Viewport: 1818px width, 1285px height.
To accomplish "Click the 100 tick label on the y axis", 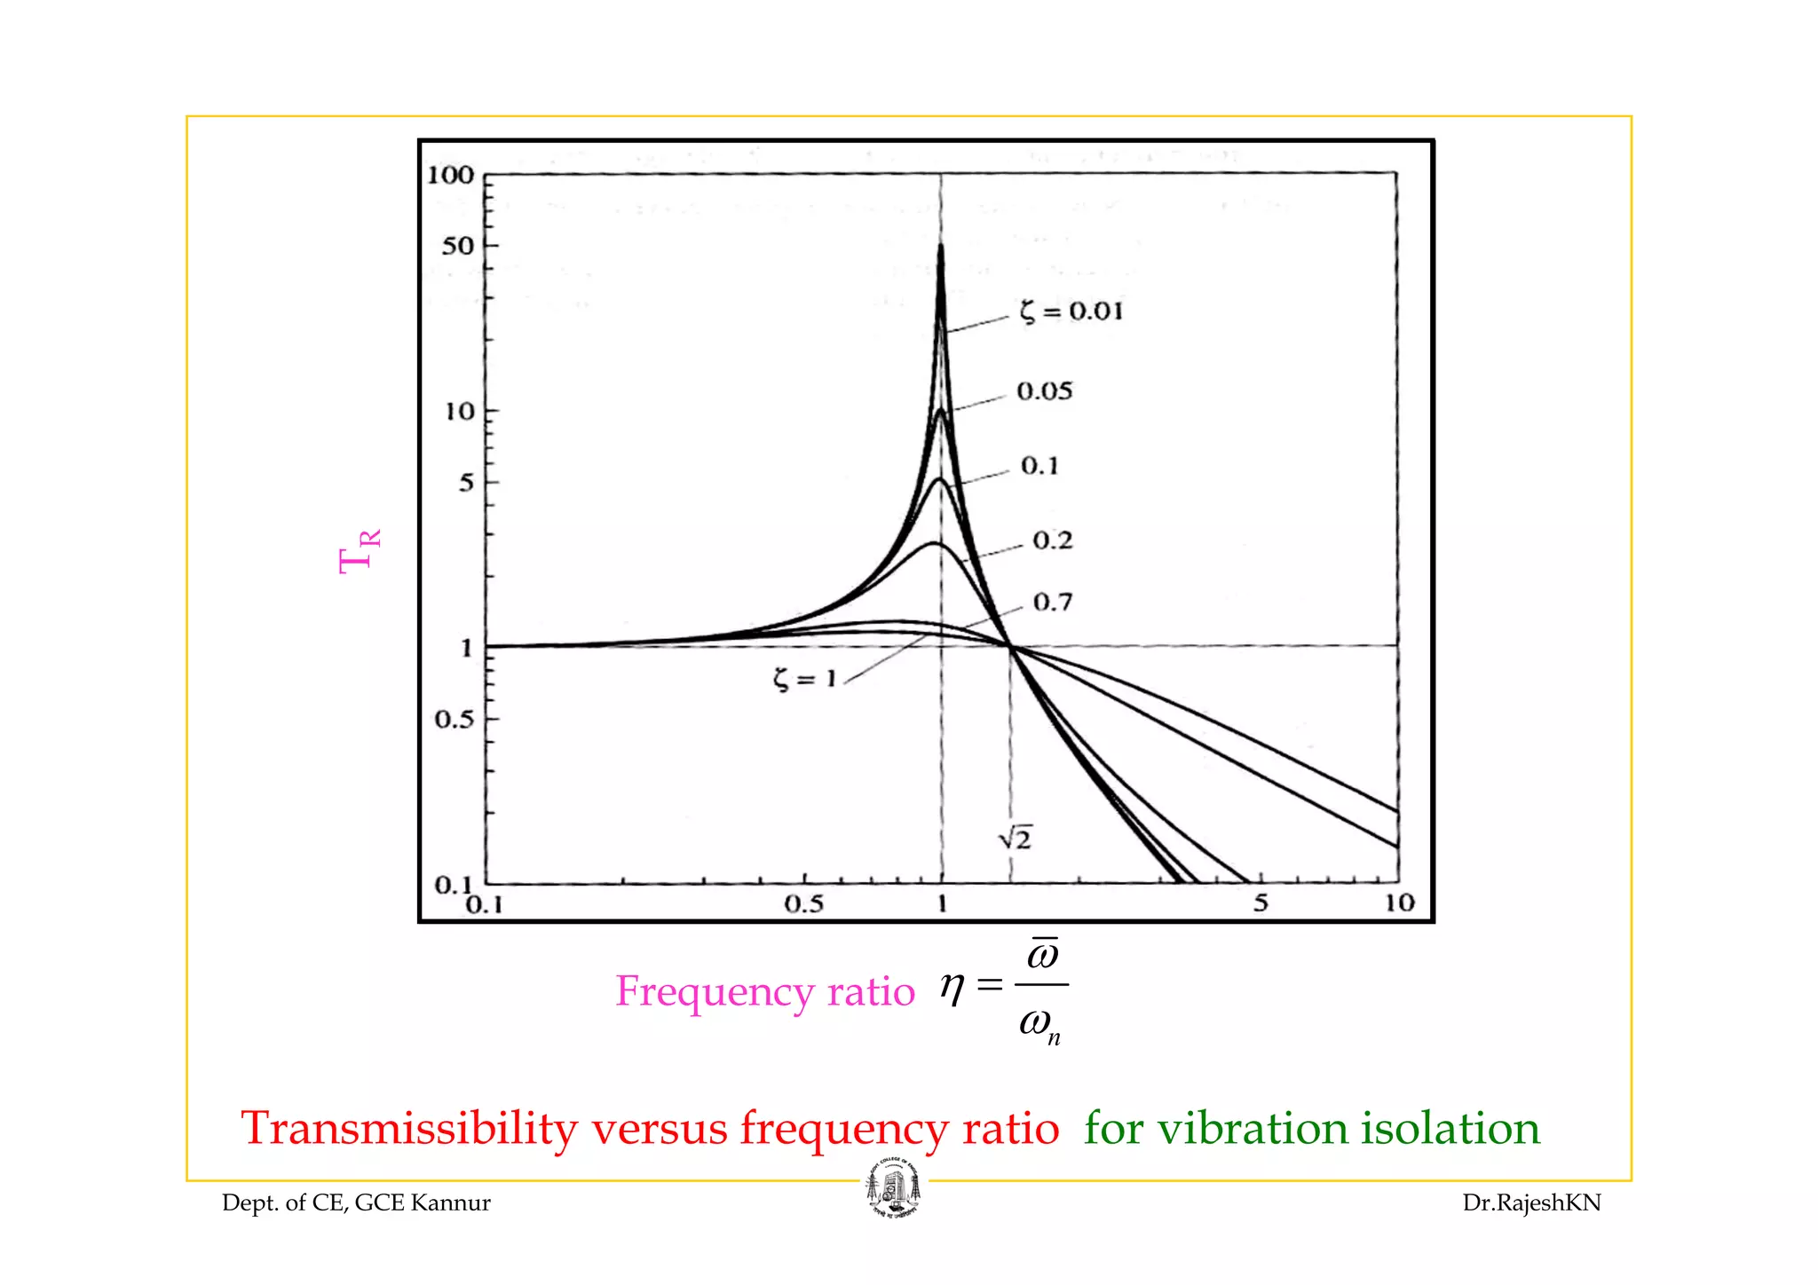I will tap(451, 175).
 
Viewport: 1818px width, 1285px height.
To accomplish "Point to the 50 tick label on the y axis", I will tap(458, 246).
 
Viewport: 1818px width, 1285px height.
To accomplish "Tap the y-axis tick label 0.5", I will tap(454, 719).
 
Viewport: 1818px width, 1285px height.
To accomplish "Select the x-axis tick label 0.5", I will tap(803, 904).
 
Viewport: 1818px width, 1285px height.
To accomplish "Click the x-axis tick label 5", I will tap(1261, 903).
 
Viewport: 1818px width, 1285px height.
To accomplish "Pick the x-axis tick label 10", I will tap(1399, 903).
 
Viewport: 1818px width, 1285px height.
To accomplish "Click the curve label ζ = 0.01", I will tap(1071, 311).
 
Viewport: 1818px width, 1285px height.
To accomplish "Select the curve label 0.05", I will tap(1045, 391).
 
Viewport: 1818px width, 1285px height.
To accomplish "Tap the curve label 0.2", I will tap(1053, 540).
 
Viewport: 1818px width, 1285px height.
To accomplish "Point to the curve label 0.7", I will tap(1053, 603).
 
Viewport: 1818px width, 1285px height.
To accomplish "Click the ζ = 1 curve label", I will tap(804, 680).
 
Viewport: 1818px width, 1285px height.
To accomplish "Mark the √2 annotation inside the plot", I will tap(1015, 837).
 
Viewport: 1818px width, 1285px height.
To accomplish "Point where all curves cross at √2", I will tap(1010, 646).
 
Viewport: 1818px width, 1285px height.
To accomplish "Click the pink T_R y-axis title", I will tap(360, 551).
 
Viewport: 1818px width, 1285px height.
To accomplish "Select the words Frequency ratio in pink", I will tap(764, 991).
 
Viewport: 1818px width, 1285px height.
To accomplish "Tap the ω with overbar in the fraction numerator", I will tap(1042, 954).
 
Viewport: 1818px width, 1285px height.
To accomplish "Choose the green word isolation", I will tap(1450, 1129).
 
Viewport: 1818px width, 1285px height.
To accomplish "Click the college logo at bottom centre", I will tap(893, 1189).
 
